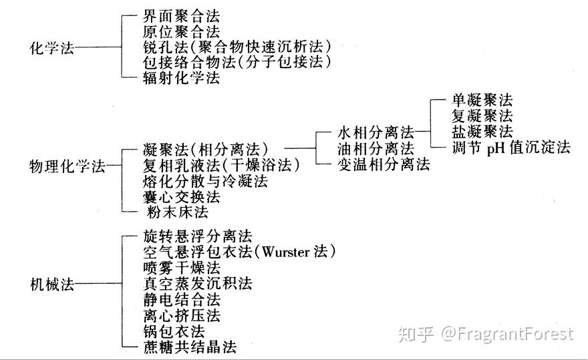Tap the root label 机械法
click(53, 284)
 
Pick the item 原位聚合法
click(181, 31)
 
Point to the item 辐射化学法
click(181, 78)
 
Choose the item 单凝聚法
click(481, 101)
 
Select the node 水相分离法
click(375, 132)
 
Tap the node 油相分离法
click(375, 148)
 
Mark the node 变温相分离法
click(383, 164)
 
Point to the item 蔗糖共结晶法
click(189, 347)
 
